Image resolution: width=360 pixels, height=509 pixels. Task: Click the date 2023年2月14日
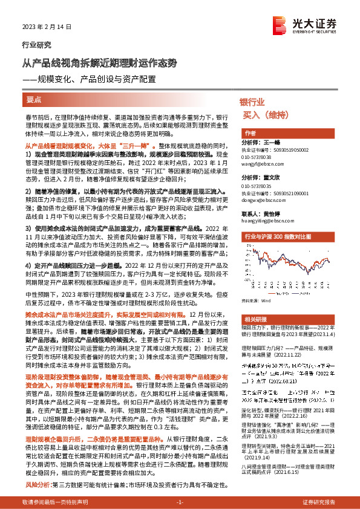point(42,27)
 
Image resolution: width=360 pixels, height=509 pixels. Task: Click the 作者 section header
point(249,133)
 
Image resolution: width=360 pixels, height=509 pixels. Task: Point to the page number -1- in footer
point(179,502)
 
